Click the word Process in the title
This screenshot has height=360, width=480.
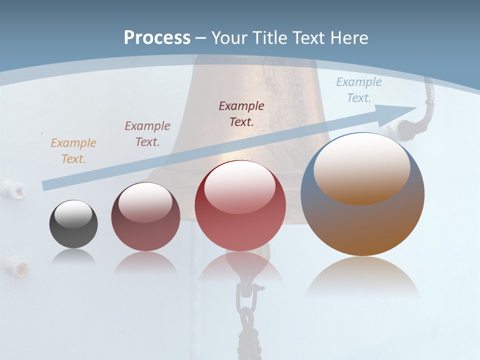pos(157,37)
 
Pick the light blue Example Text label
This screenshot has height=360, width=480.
pos(358,90)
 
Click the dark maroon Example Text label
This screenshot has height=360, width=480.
pos(241,113)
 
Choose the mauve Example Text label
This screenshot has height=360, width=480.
pos(147,134)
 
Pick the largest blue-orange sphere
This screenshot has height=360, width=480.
pos(362,220)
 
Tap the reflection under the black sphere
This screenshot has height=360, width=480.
pos(73,257)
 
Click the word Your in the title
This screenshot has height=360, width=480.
pos(227,37)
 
